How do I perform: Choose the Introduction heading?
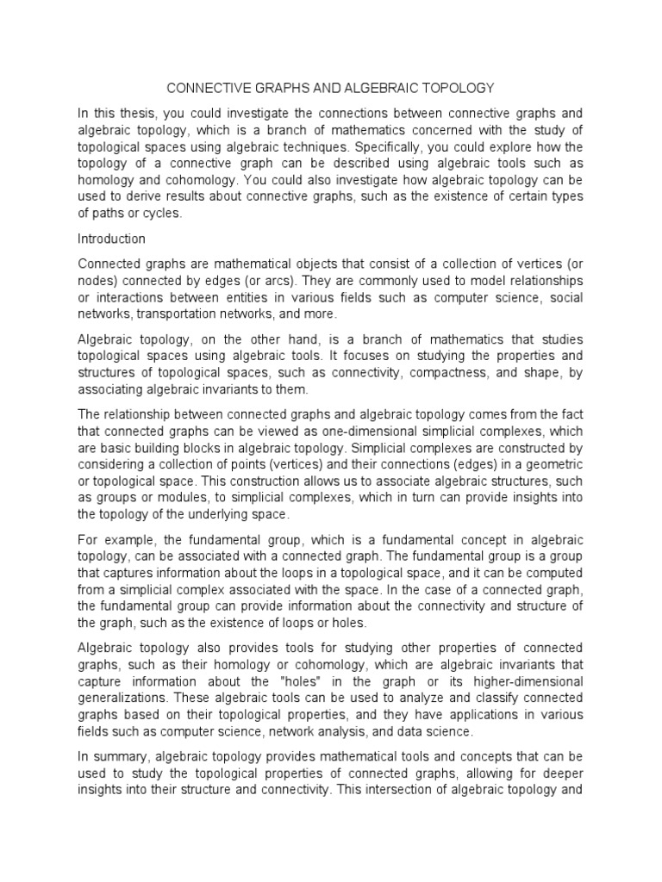tap(112, 239)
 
